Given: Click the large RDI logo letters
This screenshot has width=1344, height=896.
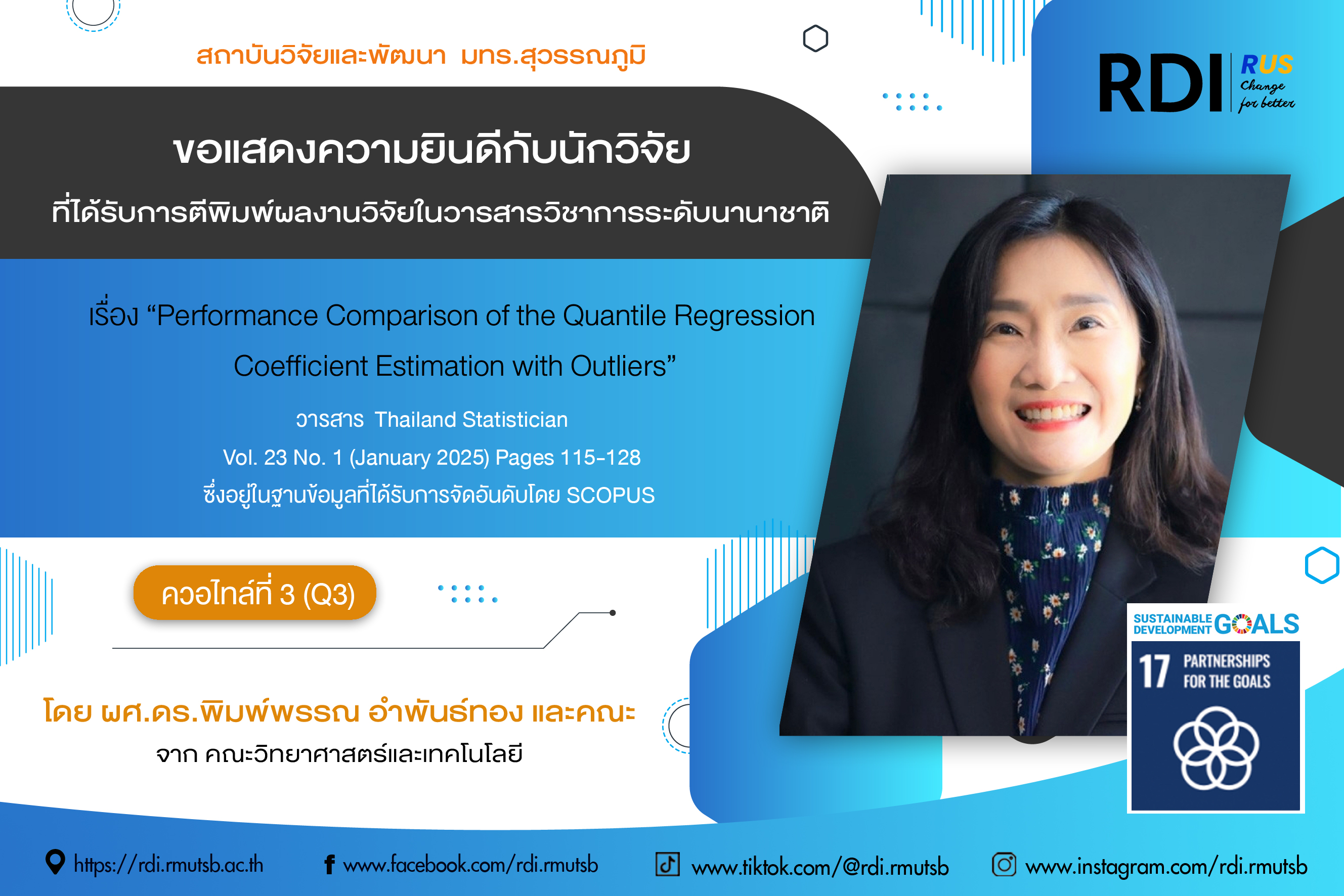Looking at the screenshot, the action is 1160,83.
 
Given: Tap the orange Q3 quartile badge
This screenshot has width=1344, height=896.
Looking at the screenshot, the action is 255,593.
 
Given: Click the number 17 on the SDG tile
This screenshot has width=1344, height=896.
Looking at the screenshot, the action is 1154,671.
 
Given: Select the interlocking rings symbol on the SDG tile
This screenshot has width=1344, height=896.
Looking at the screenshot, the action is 1216,748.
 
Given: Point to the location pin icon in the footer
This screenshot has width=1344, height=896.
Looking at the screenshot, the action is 55,862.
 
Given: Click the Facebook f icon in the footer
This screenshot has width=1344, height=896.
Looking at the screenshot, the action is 329,865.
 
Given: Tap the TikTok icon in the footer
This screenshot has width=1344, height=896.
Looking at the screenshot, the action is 667,864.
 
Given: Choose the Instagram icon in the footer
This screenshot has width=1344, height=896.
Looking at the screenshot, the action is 1004,864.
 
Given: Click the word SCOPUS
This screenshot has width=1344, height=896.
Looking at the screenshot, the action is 610,496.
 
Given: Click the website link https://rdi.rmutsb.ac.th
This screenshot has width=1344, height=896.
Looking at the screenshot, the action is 168,865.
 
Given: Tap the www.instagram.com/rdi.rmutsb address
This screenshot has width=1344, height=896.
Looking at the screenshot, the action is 1166,867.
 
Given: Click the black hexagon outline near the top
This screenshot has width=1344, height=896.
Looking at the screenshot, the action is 815,38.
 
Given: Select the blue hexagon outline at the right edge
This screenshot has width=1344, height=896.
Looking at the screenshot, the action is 1322,565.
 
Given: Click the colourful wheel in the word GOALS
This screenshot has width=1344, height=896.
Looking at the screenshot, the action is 1242,623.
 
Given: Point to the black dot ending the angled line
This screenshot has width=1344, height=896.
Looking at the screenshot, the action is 612,612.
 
